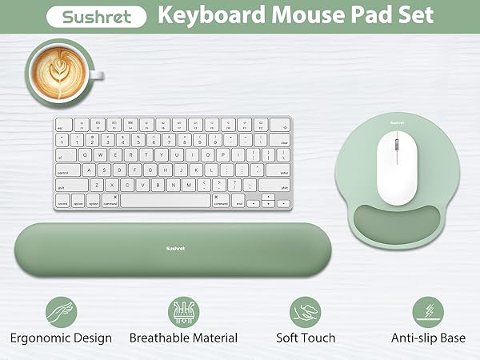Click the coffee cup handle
tap(95, 75)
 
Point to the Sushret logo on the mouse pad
tap(391, 122)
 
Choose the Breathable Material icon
tap(183, 311)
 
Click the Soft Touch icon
tap(305, 311)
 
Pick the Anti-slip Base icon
tap(428, 311)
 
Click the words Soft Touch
tap(305, 338)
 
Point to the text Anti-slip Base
tap(428, 338)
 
